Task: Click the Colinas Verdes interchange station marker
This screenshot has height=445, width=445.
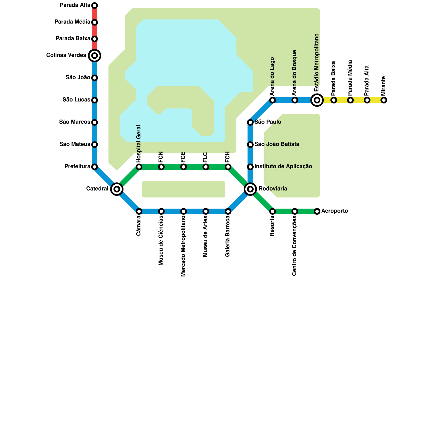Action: pyautogui.click(x=95, y=56)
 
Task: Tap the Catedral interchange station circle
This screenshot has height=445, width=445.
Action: pyautogui.click(x=117, y=189)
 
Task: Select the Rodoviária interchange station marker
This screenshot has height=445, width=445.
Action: pyautogui.click(x=250, y=189)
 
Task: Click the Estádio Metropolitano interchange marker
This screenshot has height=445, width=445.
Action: pyautogui.click(x=317, y=100)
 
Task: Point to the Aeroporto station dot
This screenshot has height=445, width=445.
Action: pyautogui.click(x=317, y=211)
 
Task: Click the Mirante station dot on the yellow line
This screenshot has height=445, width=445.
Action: pyautogui.click(x=384, y=100)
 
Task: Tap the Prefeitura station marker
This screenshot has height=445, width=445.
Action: pyautogui.click(x=95, y=167)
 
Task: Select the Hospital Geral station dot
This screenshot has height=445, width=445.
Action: pyautogui.click(x=139, y=167)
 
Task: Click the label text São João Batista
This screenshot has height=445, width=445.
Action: pyautogui.click(x=277, y=144)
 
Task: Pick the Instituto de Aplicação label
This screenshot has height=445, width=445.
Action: pyautogui.click(x=283, y=166)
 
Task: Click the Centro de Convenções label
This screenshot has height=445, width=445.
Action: pyautogui.click(x=295, y=246)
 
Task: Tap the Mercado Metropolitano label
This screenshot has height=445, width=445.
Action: pyautogui.click(x=183, y=246)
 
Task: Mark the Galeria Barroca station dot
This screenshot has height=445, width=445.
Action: pyautogui.click(x=228, y=211)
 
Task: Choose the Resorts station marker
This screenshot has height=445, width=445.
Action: pyautogui.click(x=273, y=211)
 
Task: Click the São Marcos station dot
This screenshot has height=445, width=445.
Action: pyautogui.click(x=95, y=122)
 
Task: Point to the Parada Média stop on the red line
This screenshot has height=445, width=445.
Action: pyautogui.click(x=95, y=22)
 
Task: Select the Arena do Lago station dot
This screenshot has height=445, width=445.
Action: pyautogui.click(x=273, y=100)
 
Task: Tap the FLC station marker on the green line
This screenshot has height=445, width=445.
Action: pyautogui.click(x=206, y=167)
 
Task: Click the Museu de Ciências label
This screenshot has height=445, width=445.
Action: pyautogui.click(x=161, y=241)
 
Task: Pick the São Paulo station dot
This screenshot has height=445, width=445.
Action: pyautogui.click(x=250, y=122)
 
